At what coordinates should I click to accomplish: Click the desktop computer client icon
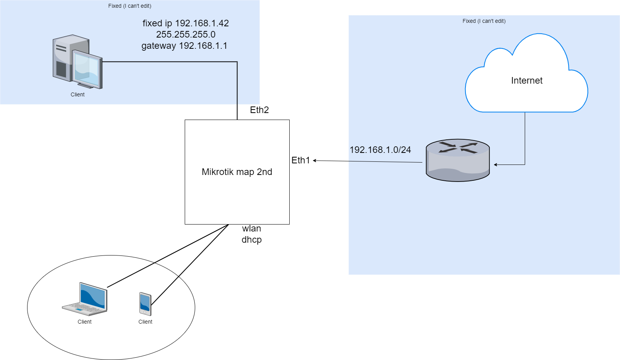pyautogui.click(x=77, y=62)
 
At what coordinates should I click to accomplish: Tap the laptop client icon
pyautogui.click(x=85, y=299)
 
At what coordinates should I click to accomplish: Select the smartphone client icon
pyautogui.click(x=145, y=304)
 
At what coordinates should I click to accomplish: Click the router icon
pyautogui.click(x=458, y=160)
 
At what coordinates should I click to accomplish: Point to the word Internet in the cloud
pyautogui.click(x=526, y=81)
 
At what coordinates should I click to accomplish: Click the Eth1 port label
pyautogui.click(x=301, y=160)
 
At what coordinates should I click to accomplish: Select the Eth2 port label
pyautogui.click(x=259, y=110)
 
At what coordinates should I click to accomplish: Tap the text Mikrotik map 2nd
pyautogui.click(x=237, y=172)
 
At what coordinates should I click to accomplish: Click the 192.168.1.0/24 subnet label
pyautogui.click(x=380, y=150)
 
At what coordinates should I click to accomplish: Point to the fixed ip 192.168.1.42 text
pyautogui.click(x=186, y=23)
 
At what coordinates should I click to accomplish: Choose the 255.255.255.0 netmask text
pyautogui.click(x=186, y=34)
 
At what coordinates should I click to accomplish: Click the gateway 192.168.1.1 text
pyautogui.click(x=184, y=46)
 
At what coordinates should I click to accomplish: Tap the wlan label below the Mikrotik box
pyautogui.click(x=252, y=228)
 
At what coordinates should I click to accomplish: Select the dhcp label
pyautogui.click(x=252, y=240)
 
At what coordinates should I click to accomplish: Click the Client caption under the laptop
pyautogui.click(x=84, y=322)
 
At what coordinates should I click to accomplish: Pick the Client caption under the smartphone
pyautogui.click(x=145, y=322)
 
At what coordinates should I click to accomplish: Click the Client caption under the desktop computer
pyautogui.click(x=77, y=94)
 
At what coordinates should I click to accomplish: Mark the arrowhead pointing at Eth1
pyautogui.click(x=315, y=161)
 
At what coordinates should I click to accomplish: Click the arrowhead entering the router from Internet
pyautogui.click(x=496, y=165)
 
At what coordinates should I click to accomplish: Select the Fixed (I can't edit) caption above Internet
pyautogui.click(x=484, y=21)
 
